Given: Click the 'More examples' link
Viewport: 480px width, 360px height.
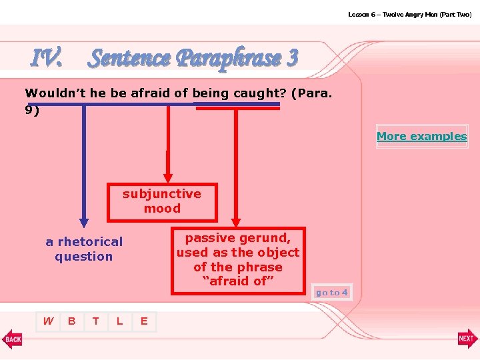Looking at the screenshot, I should click(421, 136).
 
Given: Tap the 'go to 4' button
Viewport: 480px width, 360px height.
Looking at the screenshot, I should click(331, 293).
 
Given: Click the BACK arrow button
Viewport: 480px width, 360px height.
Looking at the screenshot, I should click(12, 339).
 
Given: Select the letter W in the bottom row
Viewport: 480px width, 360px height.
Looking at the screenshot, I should click(48, 321).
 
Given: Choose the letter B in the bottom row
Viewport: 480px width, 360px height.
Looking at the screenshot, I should click(71, 321).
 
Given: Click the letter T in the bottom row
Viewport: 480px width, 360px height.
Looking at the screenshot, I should click(95, 321).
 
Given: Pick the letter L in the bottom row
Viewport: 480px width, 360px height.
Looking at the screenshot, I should click(119, 321).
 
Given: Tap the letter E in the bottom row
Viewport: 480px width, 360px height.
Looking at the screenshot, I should click(143, 321).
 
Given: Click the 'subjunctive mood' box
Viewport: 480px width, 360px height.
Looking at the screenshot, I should click(162, 201).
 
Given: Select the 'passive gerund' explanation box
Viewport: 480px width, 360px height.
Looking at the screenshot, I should click(238, 260).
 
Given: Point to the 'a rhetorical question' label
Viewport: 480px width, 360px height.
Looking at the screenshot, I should click(84, 249).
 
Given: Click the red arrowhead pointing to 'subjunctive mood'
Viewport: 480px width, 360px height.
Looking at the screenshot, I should click(169, 175).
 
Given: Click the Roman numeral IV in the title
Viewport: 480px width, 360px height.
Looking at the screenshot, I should click(47, 59).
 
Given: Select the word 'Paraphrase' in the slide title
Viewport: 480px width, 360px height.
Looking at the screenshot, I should click(225, 59).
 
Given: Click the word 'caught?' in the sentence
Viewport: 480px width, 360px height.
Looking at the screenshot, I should click(259, 94).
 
